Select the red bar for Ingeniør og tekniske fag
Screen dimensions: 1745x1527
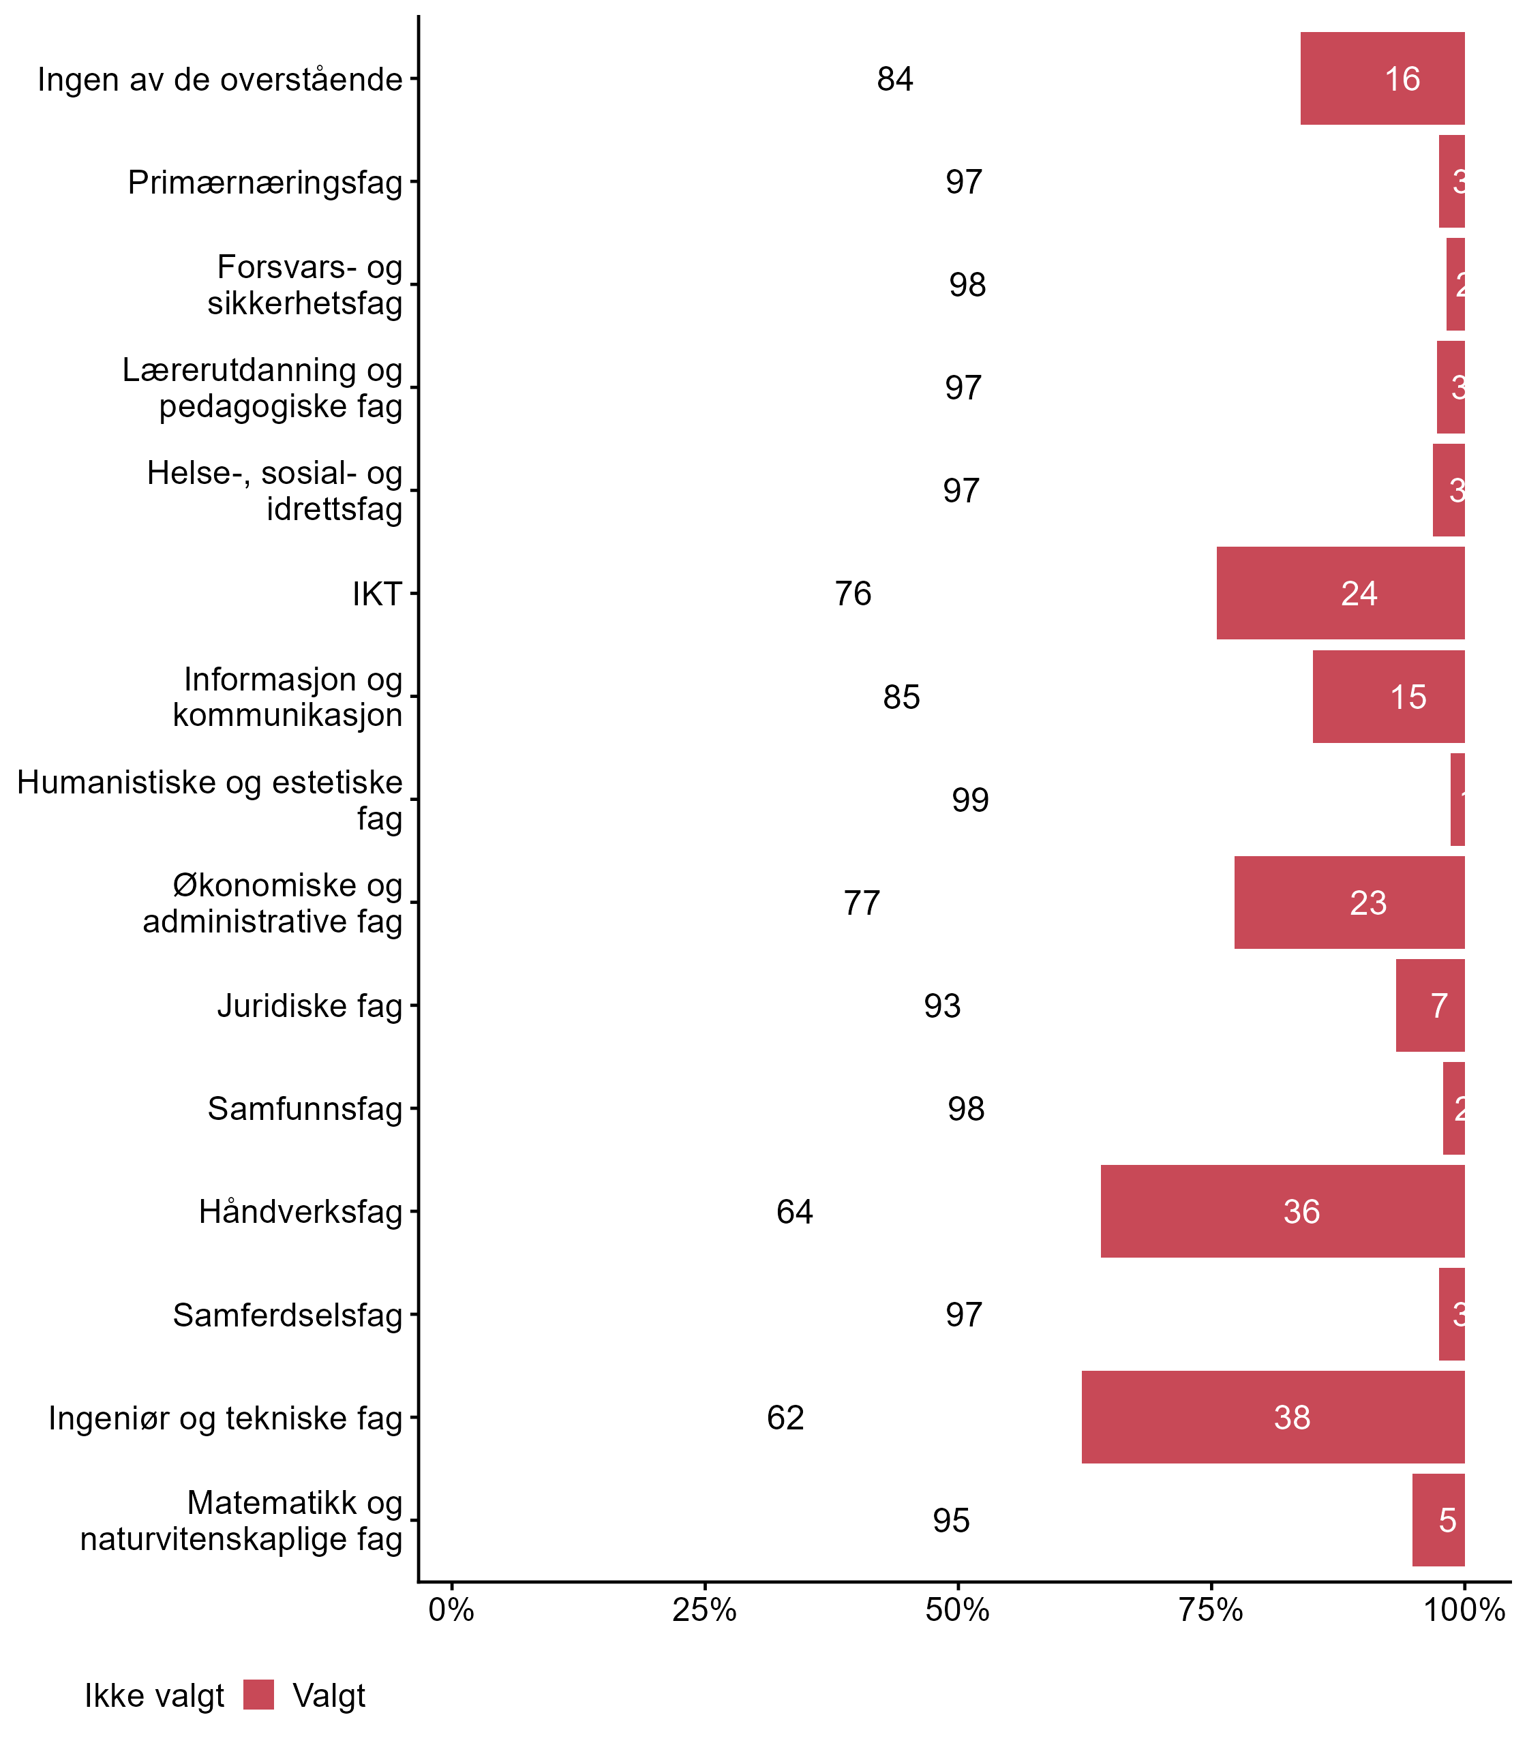coord(1273,1417)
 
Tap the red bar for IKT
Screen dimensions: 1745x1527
coord(1340,593)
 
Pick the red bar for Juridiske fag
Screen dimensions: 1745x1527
coord(1430,1005)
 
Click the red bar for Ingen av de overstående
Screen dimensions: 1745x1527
coord(1382,78)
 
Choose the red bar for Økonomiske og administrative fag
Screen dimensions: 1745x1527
coord(1349,902)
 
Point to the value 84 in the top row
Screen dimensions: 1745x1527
coord(894,79)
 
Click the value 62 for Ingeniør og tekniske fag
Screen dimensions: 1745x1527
coord(785,1418)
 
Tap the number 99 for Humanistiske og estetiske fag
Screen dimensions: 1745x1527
coord(969,800)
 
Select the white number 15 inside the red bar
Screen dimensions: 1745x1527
coord(1408,697)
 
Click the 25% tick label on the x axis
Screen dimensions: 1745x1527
coord(704,1610)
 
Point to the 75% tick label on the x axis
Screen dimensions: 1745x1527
coord(1211,1610)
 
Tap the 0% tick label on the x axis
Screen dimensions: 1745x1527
coord(451,1610)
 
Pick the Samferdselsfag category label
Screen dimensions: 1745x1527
coord(287,1315)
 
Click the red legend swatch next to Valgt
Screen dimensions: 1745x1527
coord(258,1695)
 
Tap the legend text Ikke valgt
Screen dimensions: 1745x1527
coord(154,1696)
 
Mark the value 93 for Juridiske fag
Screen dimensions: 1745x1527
coord(941,1006)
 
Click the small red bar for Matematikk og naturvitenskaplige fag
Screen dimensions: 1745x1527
coord(1438,1520)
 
